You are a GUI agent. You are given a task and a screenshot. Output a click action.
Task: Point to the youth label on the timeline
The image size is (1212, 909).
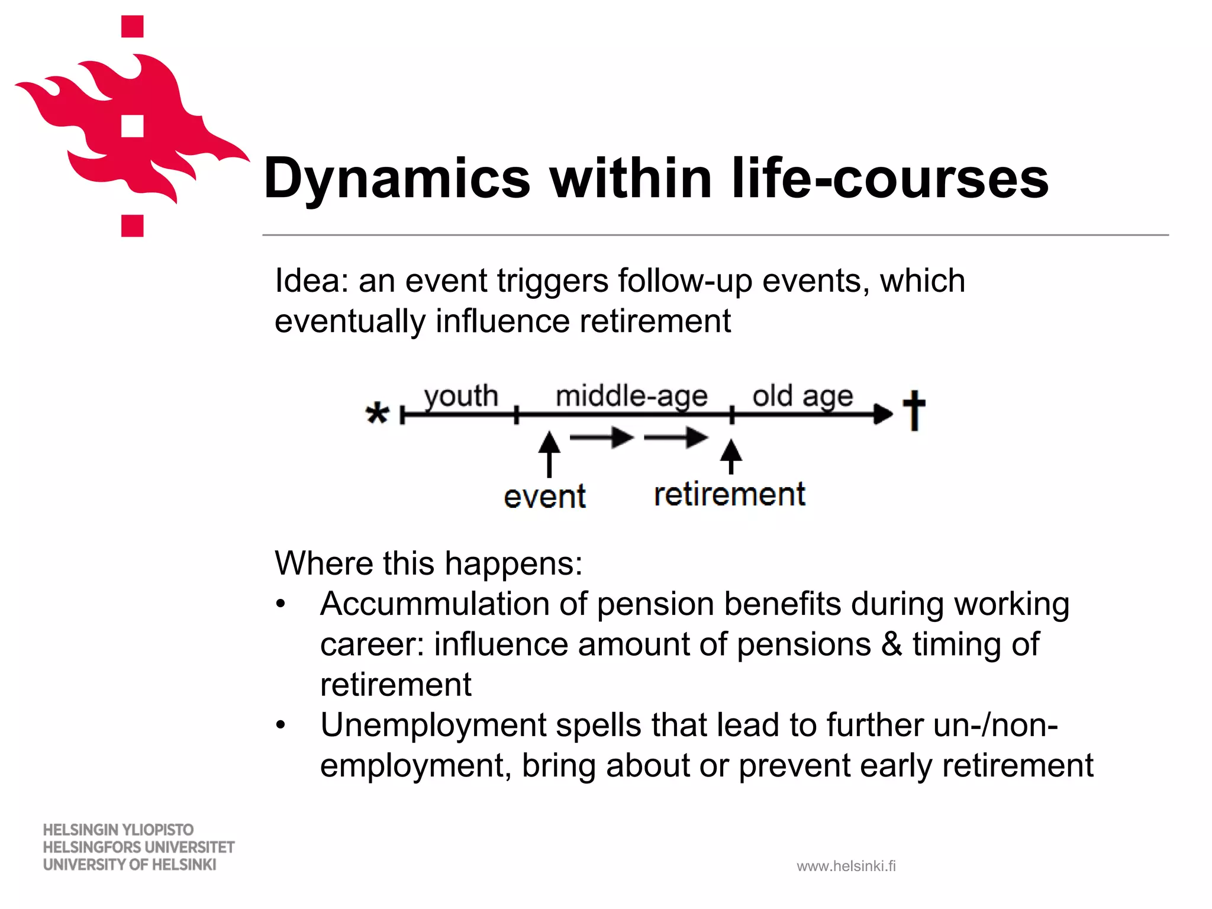click(461, 396)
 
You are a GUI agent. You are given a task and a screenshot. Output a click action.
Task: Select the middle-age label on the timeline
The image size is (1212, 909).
click(631, 396)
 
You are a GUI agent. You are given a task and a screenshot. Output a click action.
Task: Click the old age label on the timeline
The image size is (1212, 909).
click(802, 396)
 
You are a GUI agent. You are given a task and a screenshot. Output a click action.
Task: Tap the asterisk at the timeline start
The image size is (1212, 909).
click(377, 413)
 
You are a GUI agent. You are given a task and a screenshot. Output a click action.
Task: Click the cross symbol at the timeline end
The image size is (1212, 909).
click(914, 410)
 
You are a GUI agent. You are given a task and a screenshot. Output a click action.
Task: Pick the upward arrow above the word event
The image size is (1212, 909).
click(549, 453)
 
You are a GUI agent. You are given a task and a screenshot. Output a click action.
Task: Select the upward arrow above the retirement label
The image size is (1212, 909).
click(731, 456)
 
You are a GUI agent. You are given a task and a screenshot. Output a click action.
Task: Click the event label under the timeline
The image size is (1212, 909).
click(544, 497)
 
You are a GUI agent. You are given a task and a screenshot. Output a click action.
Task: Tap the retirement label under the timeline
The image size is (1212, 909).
click(730, 494)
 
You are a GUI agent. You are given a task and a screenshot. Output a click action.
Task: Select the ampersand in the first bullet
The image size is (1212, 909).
click(892, 644)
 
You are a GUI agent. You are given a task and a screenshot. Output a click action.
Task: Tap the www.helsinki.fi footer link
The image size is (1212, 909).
click(846, 866)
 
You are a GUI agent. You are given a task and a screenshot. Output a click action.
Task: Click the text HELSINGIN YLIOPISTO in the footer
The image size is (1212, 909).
click(118, 830)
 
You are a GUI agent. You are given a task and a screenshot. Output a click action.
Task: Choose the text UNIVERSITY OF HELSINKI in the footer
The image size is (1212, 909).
click(130, 865)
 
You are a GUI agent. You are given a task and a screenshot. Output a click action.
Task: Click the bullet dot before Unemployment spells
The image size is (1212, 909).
click(281, 724)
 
